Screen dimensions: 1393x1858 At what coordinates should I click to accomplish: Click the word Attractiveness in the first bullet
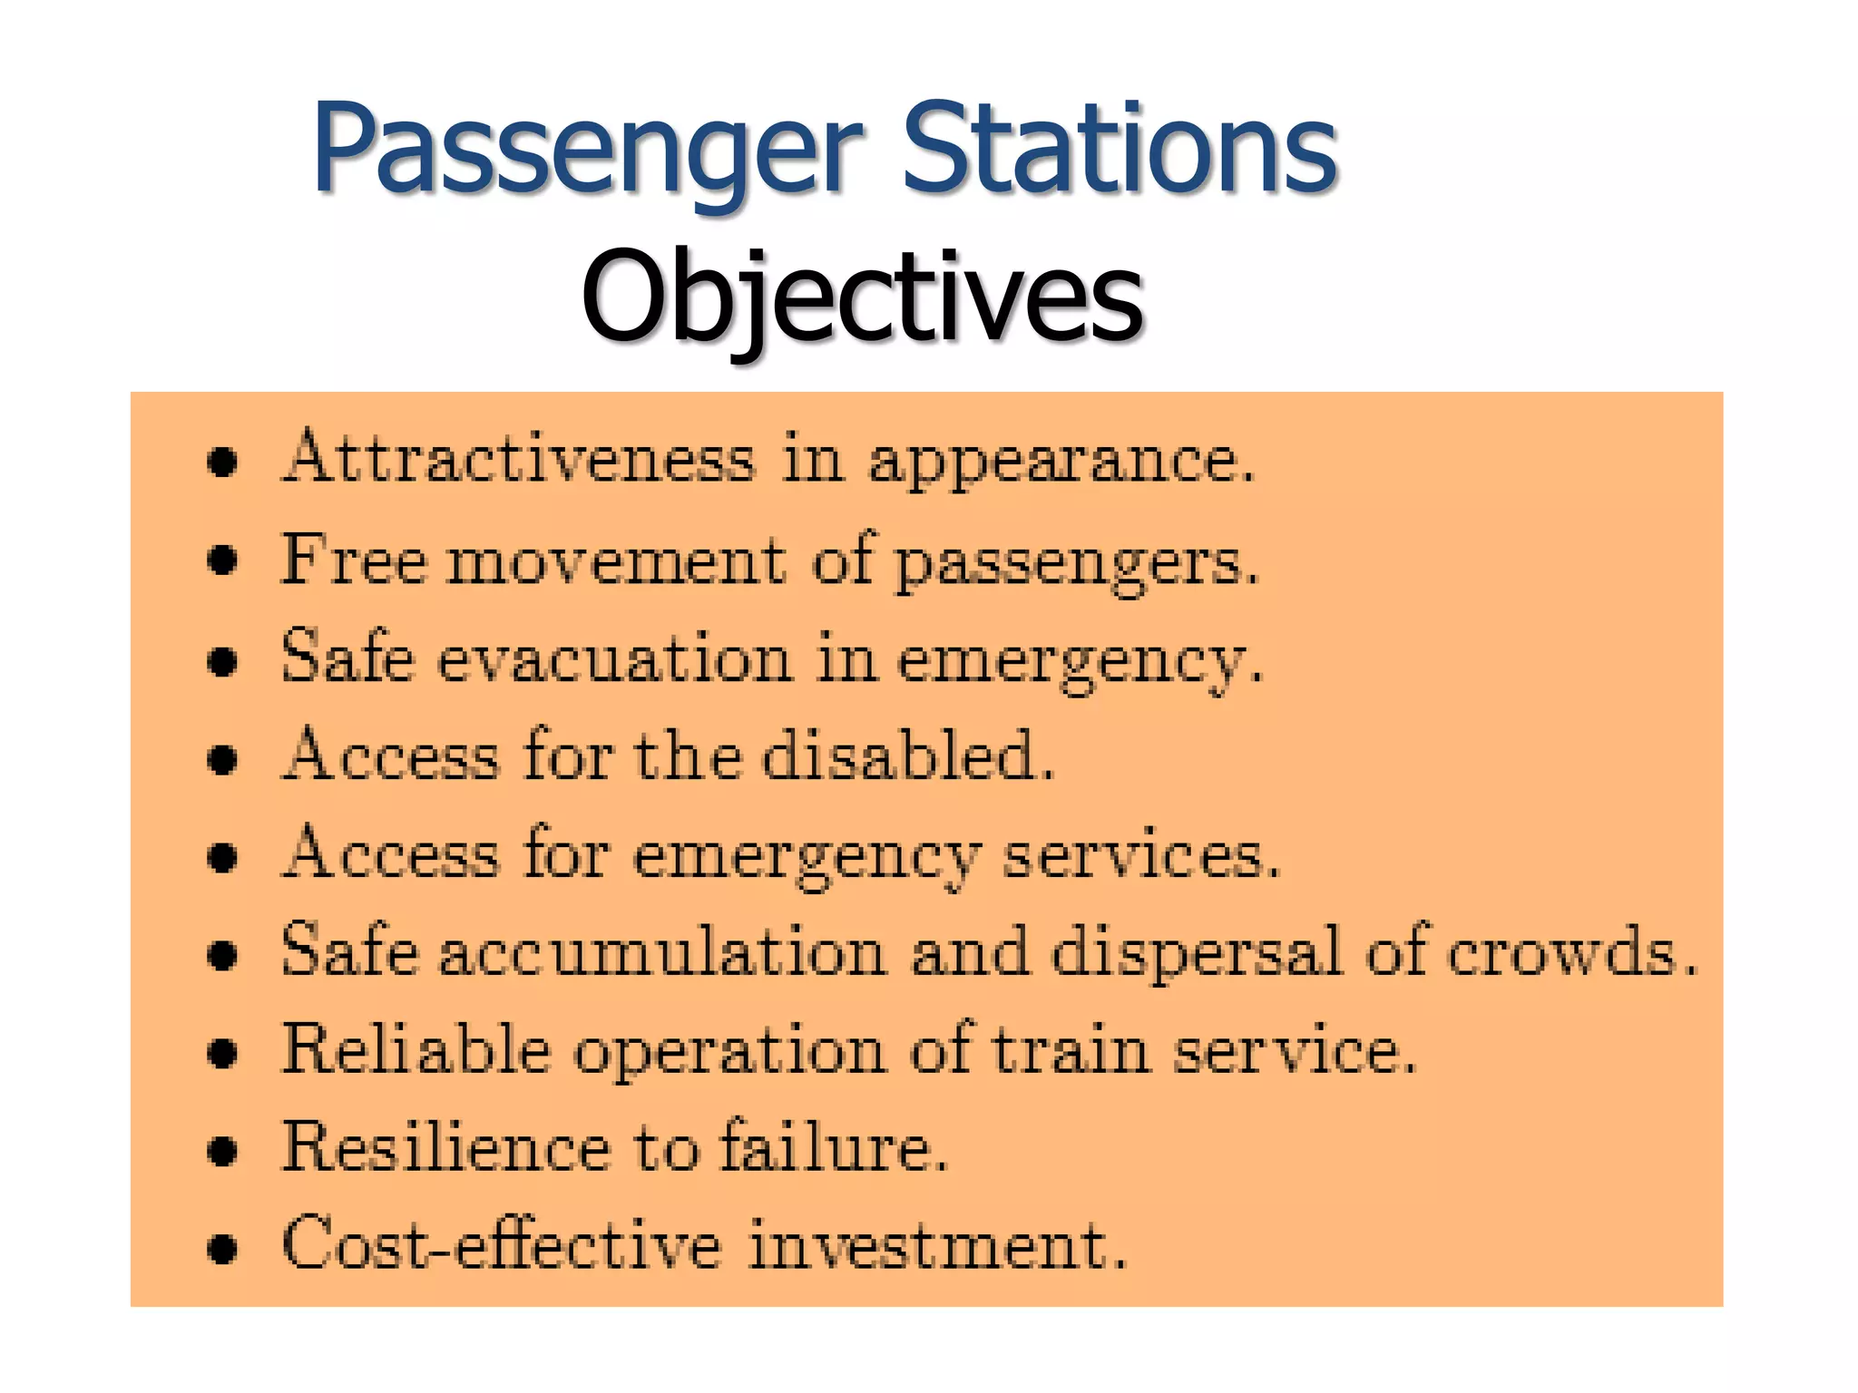(x=518, y=458)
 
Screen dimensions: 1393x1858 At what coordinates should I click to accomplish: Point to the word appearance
(x=1061, y=463)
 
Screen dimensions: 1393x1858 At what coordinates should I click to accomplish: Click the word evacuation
(x=615, y=659)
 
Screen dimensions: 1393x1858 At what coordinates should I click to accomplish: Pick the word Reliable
(x=416, y=1050)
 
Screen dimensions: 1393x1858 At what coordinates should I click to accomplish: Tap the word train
(x=1071, y=1050)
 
